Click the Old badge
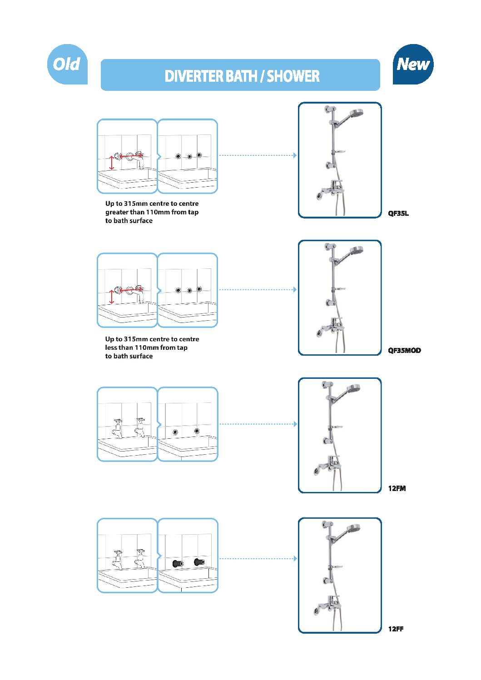click(67, 64)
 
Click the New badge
click(413, 64)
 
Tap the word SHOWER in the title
click(293, 76)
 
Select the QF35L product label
click(398, 213)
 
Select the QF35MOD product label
click(404, 350)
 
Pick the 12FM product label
click(397, 488)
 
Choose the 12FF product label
click(396, 629)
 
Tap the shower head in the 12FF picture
click(353, 529)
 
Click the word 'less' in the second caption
click(111, 347)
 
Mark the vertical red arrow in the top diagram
click(112, 163)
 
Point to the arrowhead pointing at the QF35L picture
click(295, 155)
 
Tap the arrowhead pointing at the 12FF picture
click(295, 559)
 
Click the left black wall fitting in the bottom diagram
click(178, 563)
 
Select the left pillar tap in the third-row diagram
click(118, 428)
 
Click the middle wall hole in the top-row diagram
click(190, 157)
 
